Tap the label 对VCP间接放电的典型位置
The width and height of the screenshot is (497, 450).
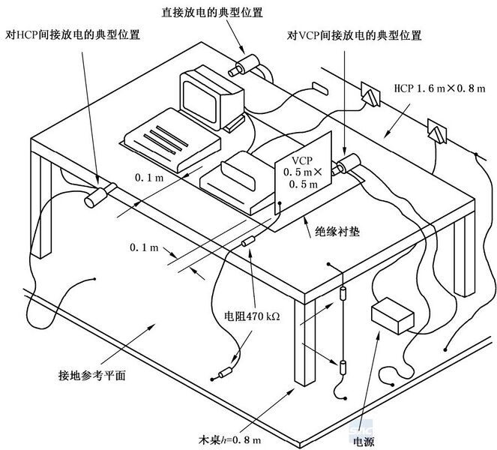click(355, 35)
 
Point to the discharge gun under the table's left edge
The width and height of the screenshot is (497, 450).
click(98, 195)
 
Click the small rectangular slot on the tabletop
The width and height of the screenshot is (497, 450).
click(319, 88)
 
